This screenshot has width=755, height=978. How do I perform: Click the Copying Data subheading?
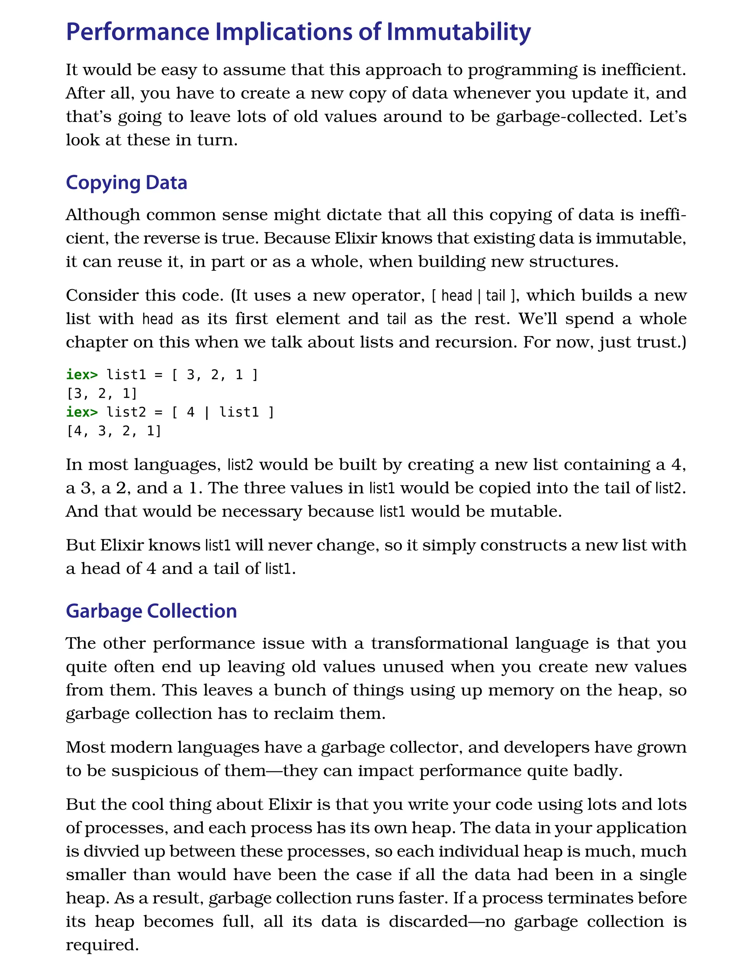(126, 183)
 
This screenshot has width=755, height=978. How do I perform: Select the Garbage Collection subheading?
(151, 611)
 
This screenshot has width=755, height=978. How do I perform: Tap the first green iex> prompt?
(81, 374)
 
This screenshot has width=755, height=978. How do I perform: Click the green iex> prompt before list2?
(81, 412)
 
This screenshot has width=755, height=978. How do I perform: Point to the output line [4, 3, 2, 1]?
(114, 431)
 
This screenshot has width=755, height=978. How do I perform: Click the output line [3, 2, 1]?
(101, 393)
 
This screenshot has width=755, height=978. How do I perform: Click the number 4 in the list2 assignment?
(191, 412)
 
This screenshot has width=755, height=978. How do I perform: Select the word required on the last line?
(102, 944)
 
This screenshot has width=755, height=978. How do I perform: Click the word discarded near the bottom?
(428, 921)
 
